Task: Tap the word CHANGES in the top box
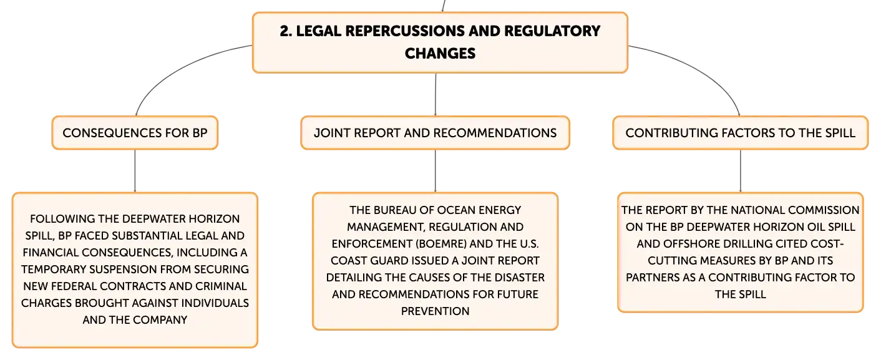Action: [x=440, y=54]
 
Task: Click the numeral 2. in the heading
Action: [x=286, y=31]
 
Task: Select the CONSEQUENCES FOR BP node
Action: [x=135, y=133]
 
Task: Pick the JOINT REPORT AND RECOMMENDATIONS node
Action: [x=435, y=133]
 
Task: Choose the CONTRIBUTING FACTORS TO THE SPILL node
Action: [x=740, y=133]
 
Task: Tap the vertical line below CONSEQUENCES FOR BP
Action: [x=135, y=171]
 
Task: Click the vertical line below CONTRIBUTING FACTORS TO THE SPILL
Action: [x=741, y=171]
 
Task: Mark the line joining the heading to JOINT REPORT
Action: [x=436, y=94]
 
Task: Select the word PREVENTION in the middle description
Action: [x=435, y=311]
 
